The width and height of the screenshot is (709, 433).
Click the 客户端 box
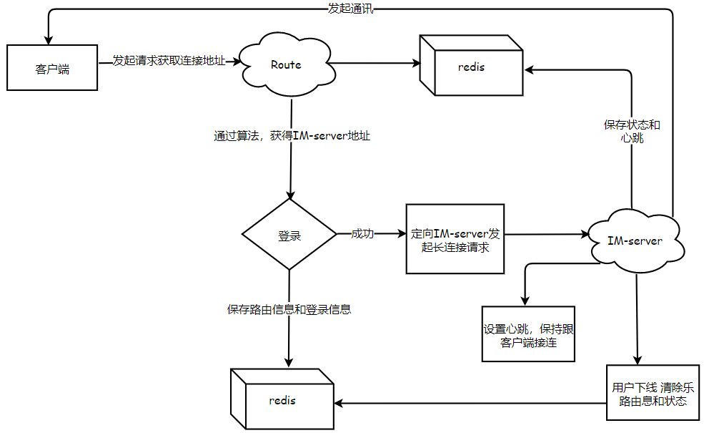click(52, 69)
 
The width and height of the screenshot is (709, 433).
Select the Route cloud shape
click(286, 64)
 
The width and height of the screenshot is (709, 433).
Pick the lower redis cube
click(282, 400)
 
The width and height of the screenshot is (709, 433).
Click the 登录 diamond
click(289, 235)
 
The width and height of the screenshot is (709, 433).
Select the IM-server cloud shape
click(635, 241)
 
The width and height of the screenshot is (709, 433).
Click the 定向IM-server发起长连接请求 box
click(455, 239)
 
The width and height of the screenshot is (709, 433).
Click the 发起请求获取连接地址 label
click(169, 61)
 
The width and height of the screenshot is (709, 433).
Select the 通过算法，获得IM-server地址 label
click(292, 135)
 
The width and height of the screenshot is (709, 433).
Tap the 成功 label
click(362, 234)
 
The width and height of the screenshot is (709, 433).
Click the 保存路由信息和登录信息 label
click(289, 310)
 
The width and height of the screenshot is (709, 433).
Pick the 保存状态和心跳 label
click(633, 131)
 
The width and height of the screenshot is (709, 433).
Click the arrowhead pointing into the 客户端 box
click(49, 39)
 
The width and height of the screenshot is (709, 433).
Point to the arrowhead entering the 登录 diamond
click(290, 195)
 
